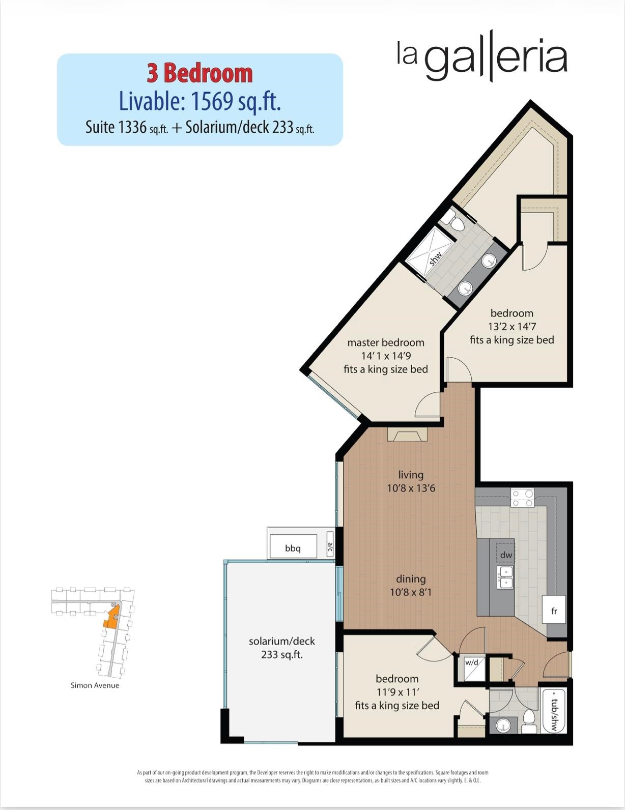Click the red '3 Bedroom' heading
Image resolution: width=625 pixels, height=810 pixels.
pyautogui.click(x=200, y=73)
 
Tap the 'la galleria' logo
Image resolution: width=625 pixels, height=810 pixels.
pyautogui.click(x=482, y=56)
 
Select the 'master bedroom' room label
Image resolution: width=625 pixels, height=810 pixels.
pyautogui.click(x=386, y=342)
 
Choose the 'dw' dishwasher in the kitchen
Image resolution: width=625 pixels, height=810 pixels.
pyautogui.click(x=505, y=555)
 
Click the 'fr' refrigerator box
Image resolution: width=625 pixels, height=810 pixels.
pyautogui.click(x=554, y=611)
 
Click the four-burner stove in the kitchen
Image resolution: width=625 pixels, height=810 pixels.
pyautogui.click(x=523, y=498)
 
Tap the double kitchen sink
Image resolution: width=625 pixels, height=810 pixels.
pyautogui.click(x=505, y=577)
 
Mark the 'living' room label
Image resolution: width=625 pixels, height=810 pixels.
pyautogui.click(x=411, y=475)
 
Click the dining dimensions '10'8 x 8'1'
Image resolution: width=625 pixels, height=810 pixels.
pyautogui.click(x=411, y=592)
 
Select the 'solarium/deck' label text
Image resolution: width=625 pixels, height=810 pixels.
pyautogui.click(x=282, y=641)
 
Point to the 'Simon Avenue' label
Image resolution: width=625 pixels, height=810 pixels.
pyautogui.click(x=95, y=685)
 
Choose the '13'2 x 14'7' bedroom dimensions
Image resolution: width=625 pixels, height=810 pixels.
pyautogui.click(x=512, y=327)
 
